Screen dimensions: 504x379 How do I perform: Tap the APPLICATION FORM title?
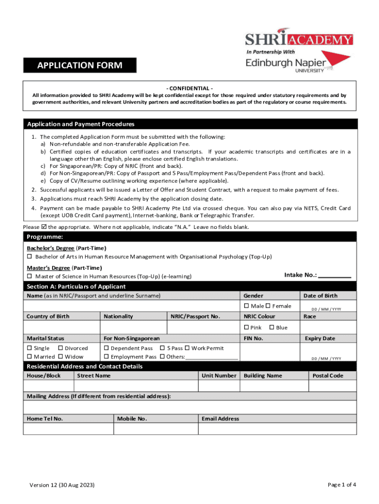[x=80, y=65]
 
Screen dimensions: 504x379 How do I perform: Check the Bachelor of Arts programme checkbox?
[x=30, y=257]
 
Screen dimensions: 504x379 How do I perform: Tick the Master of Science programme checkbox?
[x=30, y=277]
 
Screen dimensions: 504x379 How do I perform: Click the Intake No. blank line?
[x=335, y=275]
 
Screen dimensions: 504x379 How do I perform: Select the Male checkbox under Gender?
[x=247, y=306]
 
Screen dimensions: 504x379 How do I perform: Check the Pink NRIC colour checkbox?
[x=247, y=328]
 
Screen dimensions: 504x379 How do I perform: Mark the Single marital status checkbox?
[x=30, y=348]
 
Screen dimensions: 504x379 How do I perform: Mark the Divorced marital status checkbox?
[x=61, y=348]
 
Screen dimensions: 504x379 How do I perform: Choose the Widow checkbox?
[x=61, y=357]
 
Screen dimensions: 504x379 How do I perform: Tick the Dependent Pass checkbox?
[x=106, y=348]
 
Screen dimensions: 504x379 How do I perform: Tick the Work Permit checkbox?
[x=187, y=348]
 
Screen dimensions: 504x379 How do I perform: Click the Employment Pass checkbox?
[x=106, y=357]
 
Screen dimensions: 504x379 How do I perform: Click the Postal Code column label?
[x=328, y=376]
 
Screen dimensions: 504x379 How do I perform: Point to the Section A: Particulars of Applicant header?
[x=76, y=286]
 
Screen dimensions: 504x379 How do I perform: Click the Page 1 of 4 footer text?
[x=342, y=485]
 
